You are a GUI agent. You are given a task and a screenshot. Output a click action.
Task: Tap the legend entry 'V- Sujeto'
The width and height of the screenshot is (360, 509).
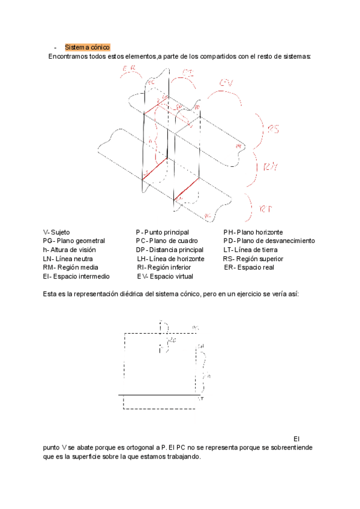pyautogui.click(x=56, y=232)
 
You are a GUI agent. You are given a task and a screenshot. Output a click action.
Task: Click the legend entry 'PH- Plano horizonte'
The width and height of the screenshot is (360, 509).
pyautogui.click(x=253, y=232)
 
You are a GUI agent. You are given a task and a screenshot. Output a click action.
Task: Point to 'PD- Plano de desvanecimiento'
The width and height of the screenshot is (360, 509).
pyautogui.click(x=269, y=241)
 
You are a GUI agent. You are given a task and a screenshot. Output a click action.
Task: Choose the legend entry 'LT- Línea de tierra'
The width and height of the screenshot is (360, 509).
pyautogui.click(x=250, y=250)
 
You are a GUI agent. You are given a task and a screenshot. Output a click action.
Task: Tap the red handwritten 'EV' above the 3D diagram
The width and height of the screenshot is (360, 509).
pyautogui.click(x=226, y=82)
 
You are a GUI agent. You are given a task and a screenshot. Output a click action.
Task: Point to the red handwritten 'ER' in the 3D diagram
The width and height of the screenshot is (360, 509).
pyautogui.click(x=128, y=70)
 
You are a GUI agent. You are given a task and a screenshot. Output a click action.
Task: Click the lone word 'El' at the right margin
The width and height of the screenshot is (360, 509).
pyautogui.click(x=295, y=439)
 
